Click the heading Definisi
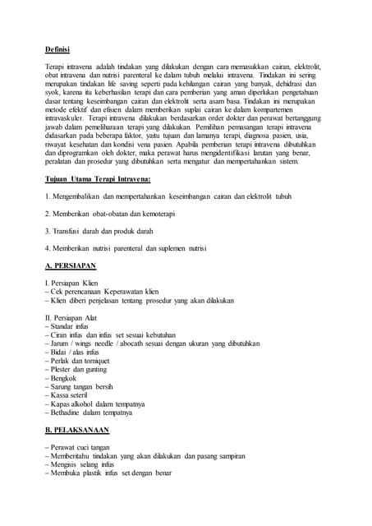click(58, 49)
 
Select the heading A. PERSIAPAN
click(71, 266)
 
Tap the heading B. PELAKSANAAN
click(76, 430)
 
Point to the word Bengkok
click(63, 378)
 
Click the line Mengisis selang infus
click(80, 464)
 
